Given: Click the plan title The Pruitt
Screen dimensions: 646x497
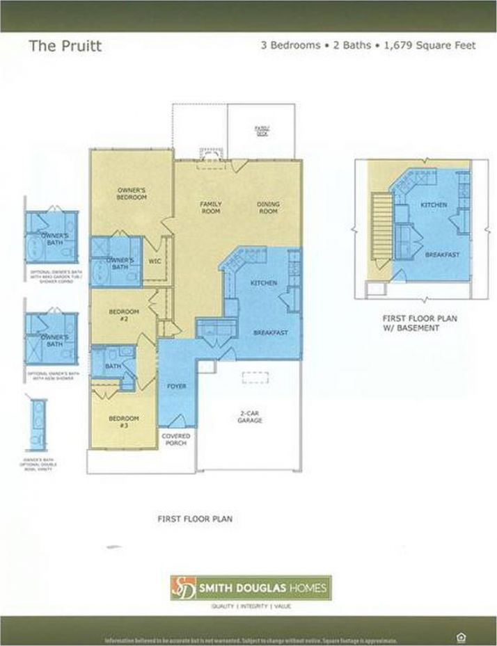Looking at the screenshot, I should [65, 47].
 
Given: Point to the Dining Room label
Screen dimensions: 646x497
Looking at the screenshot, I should [268, 207].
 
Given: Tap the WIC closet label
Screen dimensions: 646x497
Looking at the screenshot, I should [155, 261].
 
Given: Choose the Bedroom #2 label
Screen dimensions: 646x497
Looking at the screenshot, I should [124, 315].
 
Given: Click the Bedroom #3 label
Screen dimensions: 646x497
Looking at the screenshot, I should [123, 421].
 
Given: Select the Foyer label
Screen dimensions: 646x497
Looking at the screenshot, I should [177, 386].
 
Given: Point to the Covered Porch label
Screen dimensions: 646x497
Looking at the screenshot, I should [176, 440].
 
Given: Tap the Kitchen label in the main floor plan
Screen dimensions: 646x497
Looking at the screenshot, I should [264, 283].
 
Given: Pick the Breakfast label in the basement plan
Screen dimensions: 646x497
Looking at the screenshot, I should [442, 255].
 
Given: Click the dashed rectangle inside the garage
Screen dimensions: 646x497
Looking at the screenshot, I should [255, 376].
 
